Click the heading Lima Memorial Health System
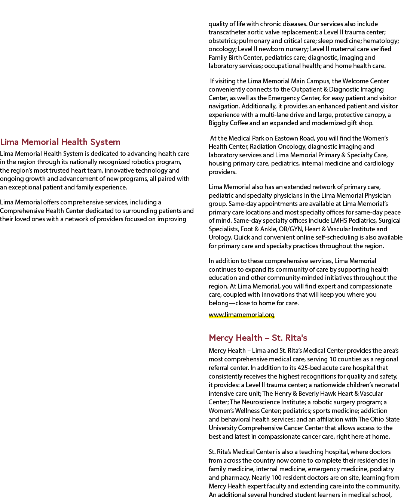point(60,142)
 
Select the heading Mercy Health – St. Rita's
point(258,338)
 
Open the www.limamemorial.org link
point(241,315)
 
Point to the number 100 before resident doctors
point(276,478)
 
